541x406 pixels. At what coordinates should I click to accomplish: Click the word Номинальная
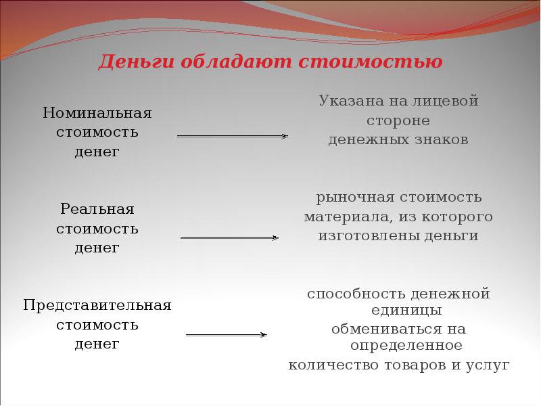pos(97,112)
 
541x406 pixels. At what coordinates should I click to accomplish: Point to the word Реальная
pos(97,208)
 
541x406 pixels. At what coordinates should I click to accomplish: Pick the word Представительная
pos(97,305)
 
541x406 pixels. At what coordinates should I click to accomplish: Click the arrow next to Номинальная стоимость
pos(232,136)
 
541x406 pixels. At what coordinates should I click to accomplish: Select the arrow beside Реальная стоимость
pos(229,238)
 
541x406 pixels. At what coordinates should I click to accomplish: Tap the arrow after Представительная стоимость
pos(226,334)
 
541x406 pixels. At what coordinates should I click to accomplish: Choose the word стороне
pos(398,120)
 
